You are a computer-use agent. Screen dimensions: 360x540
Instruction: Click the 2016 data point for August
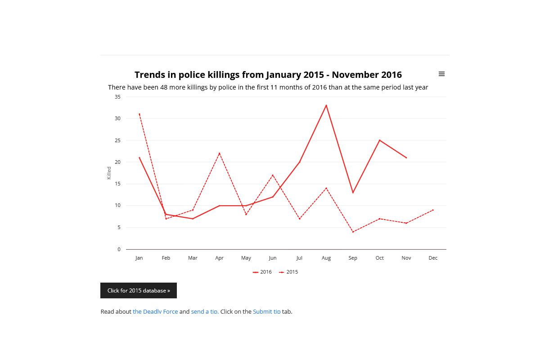[x=326, y=105]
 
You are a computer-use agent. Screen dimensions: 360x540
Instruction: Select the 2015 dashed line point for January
[x=139, y=114]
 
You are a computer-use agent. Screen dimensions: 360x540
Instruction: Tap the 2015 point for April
[x=220, y=153]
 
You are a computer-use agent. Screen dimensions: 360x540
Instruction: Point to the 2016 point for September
[x=353, y=193]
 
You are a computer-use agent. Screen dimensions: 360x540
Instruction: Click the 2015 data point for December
[x=433, y=210]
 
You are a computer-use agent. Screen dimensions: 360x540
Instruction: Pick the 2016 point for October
[x=380, y=140]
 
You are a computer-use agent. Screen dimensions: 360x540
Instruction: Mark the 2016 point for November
[x=406, y=157]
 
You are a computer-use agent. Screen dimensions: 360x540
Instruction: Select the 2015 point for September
[x=353, y=232]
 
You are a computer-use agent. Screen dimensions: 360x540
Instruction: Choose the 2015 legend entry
[x=289, y=272]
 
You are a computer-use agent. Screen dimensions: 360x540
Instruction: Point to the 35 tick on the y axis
[x=117, y=97]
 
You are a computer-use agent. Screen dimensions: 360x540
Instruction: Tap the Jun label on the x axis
[x=273, y=258]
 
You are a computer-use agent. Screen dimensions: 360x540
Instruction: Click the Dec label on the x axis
[x=433, y=258]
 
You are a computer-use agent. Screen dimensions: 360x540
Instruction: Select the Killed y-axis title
[x=109, y=173]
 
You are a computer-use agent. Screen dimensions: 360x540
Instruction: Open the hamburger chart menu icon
[x=441, y=74]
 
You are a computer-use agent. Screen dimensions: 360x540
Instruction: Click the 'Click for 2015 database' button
[x=139, y=291]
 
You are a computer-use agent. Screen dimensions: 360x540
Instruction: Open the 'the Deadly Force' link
[x=155, y=311]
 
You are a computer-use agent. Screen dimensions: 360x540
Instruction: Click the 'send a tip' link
[x=205, y=311]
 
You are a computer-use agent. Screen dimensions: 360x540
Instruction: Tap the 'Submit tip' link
[x=266, y=311]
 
